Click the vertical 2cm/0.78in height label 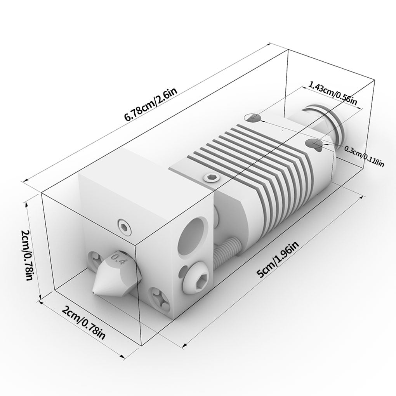click(x=26, y=255)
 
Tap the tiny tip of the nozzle click(x=94, y=292)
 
